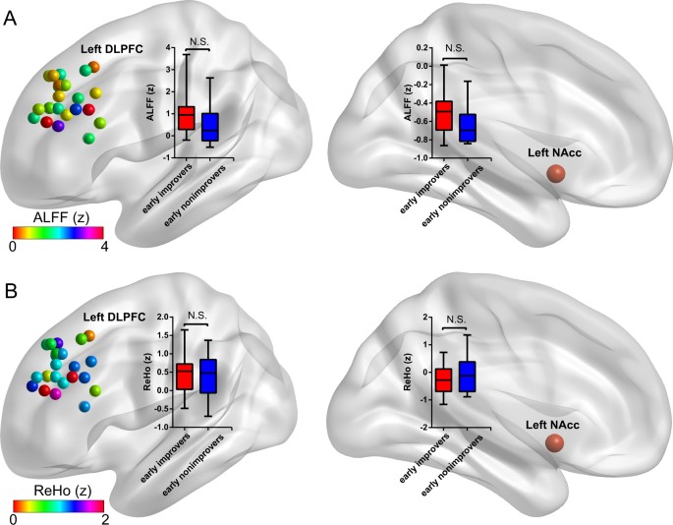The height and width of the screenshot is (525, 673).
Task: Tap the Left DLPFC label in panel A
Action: click(x=115, y=51)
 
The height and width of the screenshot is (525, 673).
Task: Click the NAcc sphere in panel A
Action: click(x=557, y=173)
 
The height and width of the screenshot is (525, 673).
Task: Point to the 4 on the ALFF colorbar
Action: click(x=101, y=246)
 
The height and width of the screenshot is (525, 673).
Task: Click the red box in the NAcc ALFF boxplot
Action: click(x=445, y=115)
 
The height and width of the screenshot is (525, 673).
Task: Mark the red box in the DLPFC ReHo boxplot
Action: click(x=185, y=376)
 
